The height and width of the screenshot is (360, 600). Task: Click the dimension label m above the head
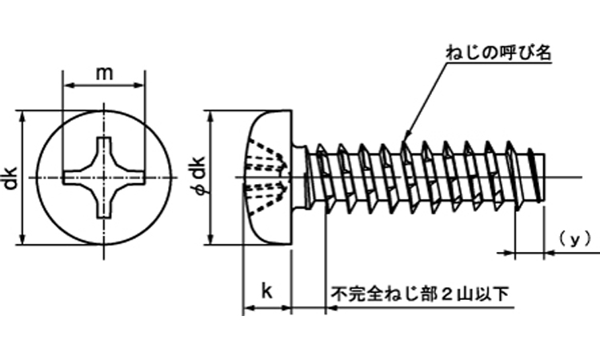click(x=103, y=73)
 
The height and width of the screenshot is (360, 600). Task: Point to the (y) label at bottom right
click(x=573, y=239)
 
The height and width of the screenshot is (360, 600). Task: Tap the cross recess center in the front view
click(x=103, y=176)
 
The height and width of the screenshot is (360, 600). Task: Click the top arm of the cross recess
click(x=103, y=149)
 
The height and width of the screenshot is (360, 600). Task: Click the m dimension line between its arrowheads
click(x=103, y=85)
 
